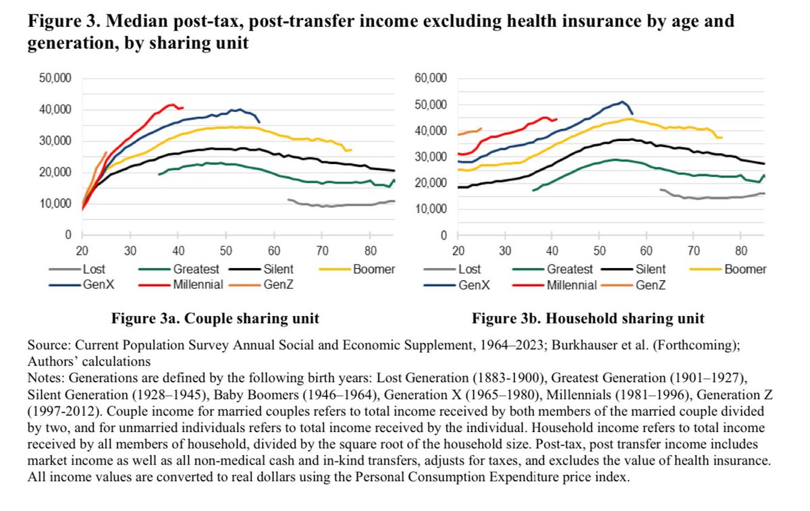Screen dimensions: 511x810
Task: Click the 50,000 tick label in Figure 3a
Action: pyautogui.click(x=57, y=78)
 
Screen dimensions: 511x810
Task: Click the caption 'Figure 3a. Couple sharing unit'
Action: pyautogui.click(x=215, y=318)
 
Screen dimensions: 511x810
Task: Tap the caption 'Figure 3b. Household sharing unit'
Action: pyautogui.click(x=588, y=318)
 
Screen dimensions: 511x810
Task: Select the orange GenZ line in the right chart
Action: pyautogui.click(x=470, y=132)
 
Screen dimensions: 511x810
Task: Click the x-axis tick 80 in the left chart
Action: pyautogui.click(x=370, y=248)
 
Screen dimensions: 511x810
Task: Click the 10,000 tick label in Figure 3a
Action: pyautogui.click(x=57, y=203)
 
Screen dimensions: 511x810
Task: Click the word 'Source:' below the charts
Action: pyautogui.click(x=48, y=344)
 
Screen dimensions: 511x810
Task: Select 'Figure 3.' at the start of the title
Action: pyautogui.click(x=59, y=22)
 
